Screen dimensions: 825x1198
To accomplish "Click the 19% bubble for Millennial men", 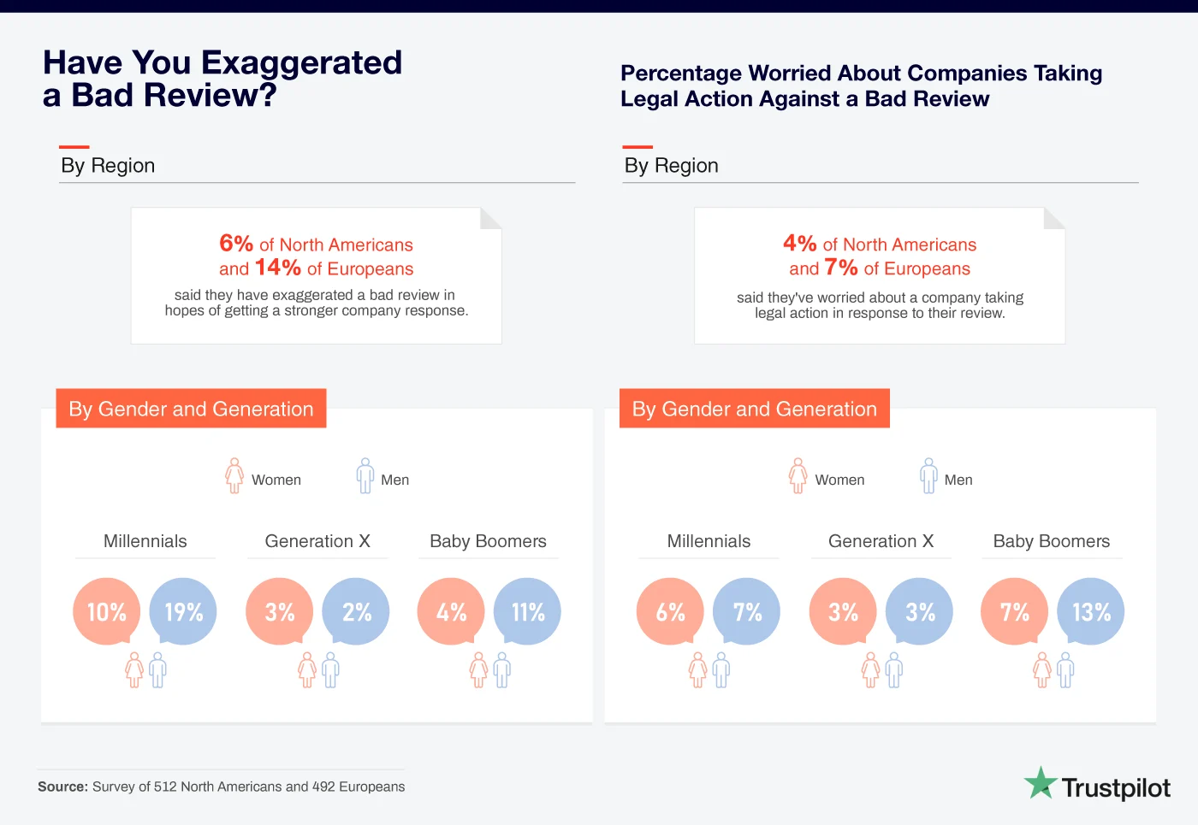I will (183, 611).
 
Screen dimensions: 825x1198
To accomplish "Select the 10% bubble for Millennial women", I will (106, 611).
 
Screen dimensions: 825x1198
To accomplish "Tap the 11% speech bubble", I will (527, 611).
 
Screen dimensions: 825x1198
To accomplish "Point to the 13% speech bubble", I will (1091, 611).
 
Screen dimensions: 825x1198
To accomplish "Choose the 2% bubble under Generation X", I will (356, 611).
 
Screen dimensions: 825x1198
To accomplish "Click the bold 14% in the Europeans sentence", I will (277, 268).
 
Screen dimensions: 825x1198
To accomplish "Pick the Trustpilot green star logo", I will (1041, 783).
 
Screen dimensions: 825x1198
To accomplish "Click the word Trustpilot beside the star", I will (1116, 787).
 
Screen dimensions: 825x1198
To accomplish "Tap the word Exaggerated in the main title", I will (300, 62).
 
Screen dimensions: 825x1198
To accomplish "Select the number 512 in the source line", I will (165, 787).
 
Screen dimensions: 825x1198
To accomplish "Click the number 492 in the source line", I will (323, 787).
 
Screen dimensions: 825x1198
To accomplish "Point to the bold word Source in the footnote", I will (62, 787).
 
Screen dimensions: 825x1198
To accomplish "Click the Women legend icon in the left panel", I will (234, 475).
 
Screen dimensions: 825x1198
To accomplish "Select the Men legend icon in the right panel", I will (928, 475).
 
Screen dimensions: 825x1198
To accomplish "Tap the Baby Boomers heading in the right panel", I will (1051, 541).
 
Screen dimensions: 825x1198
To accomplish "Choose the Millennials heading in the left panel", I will (145, 541).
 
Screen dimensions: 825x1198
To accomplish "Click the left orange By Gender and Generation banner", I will (191, 409).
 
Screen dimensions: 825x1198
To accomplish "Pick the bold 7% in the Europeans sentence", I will (840, 268).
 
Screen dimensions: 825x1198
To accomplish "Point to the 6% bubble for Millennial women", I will (670, 611).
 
